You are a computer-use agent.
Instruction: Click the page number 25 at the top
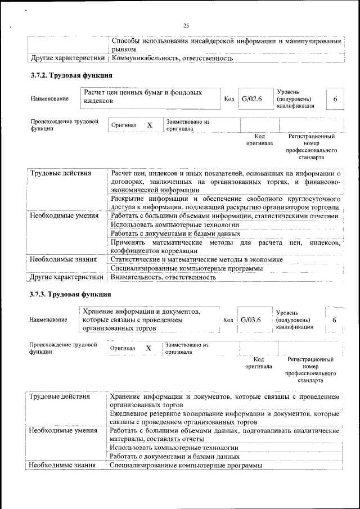point(186,25)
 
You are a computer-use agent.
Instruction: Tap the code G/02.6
point(252,99)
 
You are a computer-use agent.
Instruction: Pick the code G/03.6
point(251,319)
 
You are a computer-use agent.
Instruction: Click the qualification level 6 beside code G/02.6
point(335,99)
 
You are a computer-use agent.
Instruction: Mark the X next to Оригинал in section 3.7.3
point(148,348)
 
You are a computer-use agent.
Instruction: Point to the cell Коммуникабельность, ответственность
point(172,58)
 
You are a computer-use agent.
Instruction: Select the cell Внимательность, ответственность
point(164,277)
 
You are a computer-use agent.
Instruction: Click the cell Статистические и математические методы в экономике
point(196,259)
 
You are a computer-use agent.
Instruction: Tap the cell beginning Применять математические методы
point(225,246)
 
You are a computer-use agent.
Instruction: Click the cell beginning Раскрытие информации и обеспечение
point(225,203)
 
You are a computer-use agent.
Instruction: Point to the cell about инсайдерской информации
point(225,46)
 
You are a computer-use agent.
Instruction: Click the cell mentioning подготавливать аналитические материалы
point(225,435)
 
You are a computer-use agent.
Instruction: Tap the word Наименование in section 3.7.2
point(49,99)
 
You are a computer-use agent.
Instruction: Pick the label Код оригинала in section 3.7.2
point(259,139)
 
